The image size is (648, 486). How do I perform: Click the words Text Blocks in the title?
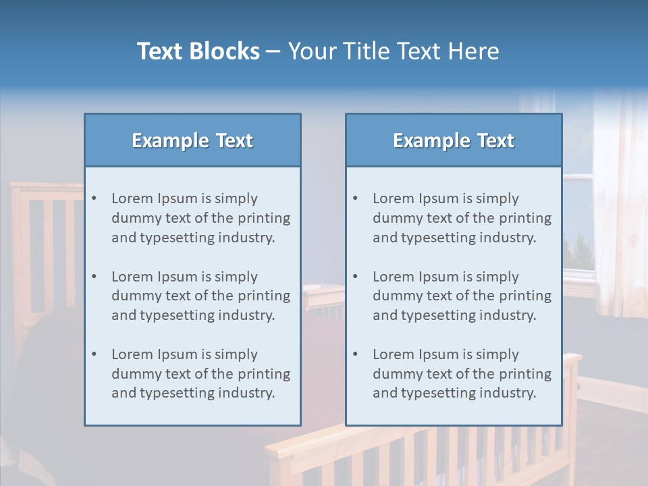(x=198, y=51)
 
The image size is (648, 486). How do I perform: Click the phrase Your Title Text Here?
(x=394, y=51)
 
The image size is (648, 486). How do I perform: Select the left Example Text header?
(x=192, y=140)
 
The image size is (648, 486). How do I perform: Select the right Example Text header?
(x=454, y=140)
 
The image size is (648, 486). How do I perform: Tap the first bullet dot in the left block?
(x=94, y=198)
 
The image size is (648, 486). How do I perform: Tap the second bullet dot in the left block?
(x=94, y=277)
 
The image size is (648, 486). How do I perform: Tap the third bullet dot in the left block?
(x=94, y=354)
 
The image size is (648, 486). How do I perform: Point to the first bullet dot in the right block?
(x=355, y=198)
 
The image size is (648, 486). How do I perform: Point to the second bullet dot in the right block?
(x=355, y=277)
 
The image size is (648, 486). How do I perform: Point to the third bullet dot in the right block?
(x=355, y=354)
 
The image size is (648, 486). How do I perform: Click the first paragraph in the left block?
(x=200, y=218)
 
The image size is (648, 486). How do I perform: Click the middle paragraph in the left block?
(x=200, y=296)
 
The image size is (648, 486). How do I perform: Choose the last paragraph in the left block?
(x=200, y=374)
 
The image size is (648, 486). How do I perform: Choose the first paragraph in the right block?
(x=462, y=218)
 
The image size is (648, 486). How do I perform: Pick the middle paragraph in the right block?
(x=462, y=296)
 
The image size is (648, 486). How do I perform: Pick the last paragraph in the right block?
(x=462, y=374)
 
